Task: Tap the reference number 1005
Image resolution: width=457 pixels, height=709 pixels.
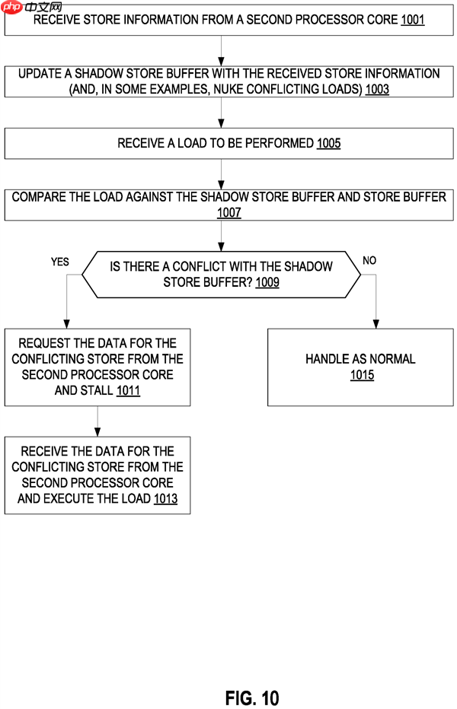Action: click(x=328, y=143)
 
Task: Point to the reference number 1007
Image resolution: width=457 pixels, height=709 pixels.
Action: click(x=228, y=212)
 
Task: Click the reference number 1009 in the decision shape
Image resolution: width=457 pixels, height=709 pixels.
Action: click(x=267, y=282)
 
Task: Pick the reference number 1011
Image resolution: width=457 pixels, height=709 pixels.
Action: click(x=129, y=391)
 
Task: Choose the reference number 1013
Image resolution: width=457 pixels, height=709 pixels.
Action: click(x=165, y=499)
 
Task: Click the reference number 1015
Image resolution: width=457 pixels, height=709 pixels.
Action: click(x=362, y=375)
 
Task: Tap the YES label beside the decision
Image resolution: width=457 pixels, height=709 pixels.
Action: click(x=60, y=262)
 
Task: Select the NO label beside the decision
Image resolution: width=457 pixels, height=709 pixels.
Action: click(x=369, y=261)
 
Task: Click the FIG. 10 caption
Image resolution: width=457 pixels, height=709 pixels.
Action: click(x=252, y=698)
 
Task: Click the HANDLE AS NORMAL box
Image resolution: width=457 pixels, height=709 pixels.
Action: click(x=360, y=367)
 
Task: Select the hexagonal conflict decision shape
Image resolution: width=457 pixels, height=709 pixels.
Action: click(x=221, y=275)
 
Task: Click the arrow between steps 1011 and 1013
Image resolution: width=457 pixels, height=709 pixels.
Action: click(x=97, y=421)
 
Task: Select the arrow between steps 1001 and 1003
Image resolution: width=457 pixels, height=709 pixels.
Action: click(x=221, y=51)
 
